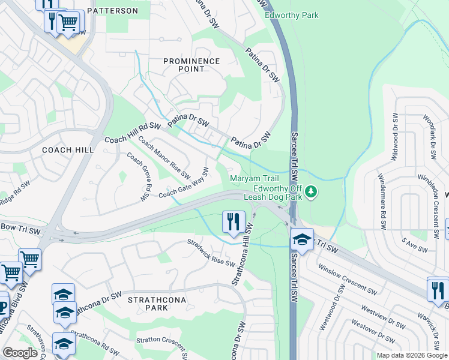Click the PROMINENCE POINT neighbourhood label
point(191,65)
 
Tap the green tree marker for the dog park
point(311,192)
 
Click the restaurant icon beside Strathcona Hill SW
point(233,221)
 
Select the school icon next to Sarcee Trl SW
point(302,239)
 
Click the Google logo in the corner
point(20,353)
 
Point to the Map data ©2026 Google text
point(411,355)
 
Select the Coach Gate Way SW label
point(184,184)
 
